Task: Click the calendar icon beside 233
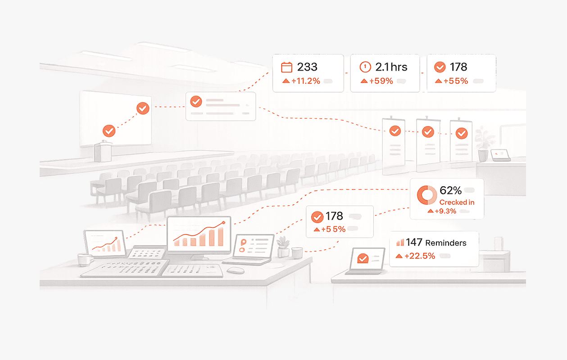click(x=287, y=67)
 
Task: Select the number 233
click(x=307, y=67)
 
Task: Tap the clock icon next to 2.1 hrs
click(x=365, y=67)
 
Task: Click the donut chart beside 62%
click(x=426, y=195)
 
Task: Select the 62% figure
click(x=450, y=191)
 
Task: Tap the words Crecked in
click(x=457, y=202)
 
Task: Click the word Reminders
click(x=445, y=243)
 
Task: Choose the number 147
click(x=414, y=243)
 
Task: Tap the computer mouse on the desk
click(x=236, y=270)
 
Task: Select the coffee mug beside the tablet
click(x=84, y=259)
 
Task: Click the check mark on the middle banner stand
click(x=427, y=132)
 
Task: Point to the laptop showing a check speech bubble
click(x=365, y=261)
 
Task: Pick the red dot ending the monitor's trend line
click(x=224, y=223)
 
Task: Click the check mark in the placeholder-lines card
click(x=196, y=101)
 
